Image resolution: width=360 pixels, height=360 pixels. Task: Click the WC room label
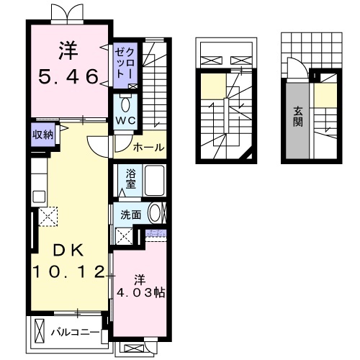[126, 121]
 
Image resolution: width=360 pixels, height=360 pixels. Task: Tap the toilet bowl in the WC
[125, 104]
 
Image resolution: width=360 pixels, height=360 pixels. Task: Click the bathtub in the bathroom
[154, 180]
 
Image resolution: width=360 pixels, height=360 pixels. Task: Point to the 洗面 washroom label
[130, 215]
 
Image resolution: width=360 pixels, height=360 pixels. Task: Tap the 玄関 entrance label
[298, 117]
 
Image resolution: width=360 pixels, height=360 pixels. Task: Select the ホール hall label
[149, 147]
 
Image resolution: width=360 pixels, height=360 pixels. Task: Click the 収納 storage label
[42, 135]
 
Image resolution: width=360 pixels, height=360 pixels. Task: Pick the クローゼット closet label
[125, 63]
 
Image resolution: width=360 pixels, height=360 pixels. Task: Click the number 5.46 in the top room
[68, 77]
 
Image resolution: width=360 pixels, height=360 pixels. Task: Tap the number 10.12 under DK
[69, 272]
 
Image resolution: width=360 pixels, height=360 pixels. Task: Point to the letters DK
[69, 250]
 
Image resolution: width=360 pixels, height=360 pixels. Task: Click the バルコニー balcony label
[76, 333]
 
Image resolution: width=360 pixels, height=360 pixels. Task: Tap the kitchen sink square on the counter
[39, 197]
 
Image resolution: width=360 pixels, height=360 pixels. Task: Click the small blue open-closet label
[156, 233]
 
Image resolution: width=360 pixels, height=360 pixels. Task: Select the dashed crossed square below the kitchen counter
[48, 217]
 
